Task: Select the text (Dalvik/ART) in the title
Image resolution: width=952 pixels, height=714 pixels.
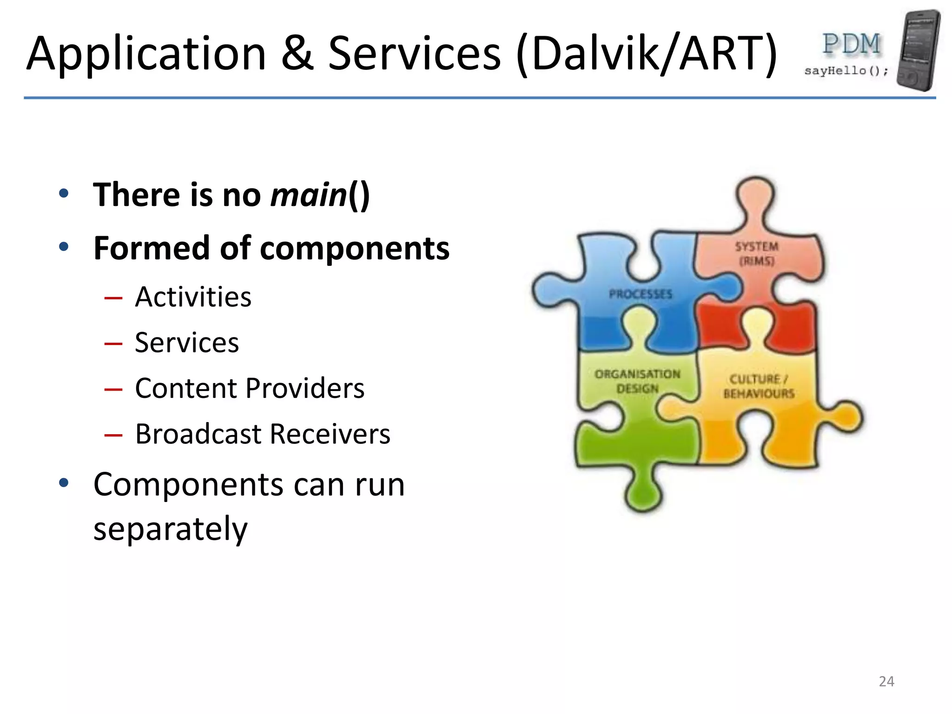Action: coord(646,55)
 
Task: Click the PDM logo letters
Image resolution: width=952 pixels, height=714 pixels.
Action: coord(851,45)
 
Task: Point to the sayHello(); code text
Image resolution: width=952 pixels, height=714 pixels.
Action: coord(846,71)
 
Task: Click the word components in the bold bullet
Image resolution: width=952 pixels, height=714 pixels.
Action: coord(354,248)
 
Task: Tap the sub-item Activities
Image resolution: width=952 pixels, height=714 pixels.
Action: coord(193,297)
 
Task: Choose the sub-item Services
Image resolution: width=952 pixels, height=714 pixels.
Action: coord(187,343)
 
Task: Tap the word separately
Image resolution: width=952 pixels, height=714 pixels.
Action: coord(170,529)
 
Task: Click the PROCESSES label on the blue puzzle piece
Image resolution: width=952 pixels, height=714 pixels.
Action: coord(641,294)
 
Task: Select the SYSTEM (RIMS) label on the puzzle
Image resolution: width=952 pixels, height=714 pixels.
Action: coord(756,254)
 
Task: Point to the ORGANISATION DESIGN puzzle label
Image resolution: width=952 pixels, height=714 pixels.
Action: coord(637,381)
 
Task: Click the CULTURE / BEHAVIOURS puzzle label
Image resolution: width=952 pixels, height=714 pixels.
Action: coord(759,386)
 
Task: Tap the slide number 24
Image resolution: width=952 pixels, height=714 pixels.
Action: coord(886,681)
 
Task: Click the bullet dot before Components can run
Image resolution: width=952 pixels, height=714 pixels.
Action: coord(64,483)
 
